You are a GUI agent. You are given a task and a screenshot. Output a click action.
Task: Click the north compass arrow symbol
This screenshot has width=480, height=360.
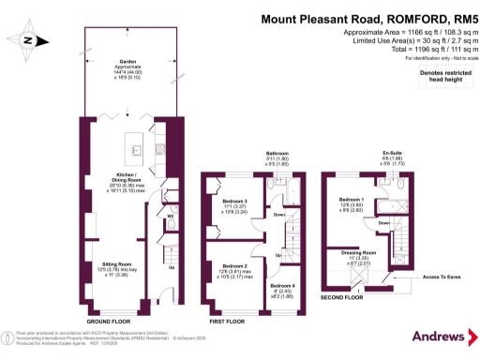click(29, 39)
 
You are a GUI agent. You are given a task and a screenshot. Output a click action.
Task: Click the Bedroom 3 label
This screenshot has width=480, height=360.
click(235, 202)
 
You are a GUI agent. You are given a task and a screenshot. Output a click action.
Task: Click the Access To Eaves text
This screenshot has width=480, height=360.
click(442, 278)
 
